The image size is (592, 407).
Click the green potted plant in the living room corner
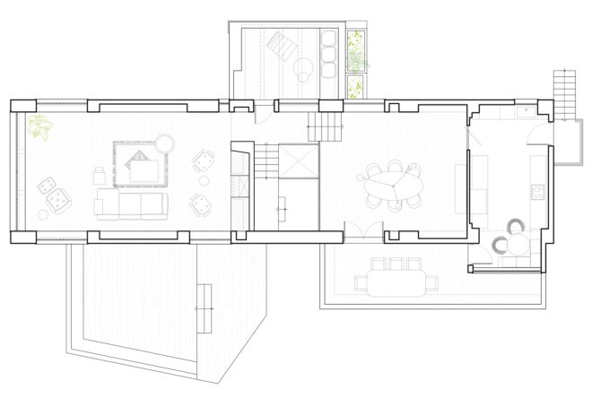(x=40, y=127)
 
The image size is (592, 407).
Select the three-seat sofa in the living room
(x=132, y=203)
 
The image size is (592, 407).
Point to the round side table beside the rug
(x=165, y=143)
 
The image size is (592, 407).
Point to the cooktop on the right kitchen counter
(x=538, y=192)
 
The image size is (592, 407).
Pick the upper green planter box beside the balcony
(x=357, y=50)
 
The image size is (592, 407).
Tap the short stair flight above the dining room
(x=326, y=126)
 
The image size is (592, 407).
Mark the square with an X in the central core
(x=299, y=161)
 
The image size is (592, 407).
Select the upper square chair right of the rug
(x=205, y=161)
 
